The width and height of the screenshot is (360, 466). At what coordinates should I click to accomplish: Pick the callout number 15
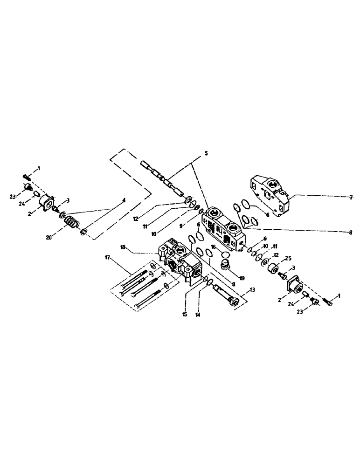click(185, 315)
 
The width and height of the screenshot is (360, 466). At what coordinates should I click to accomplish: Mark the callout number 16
click(212, 247)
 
